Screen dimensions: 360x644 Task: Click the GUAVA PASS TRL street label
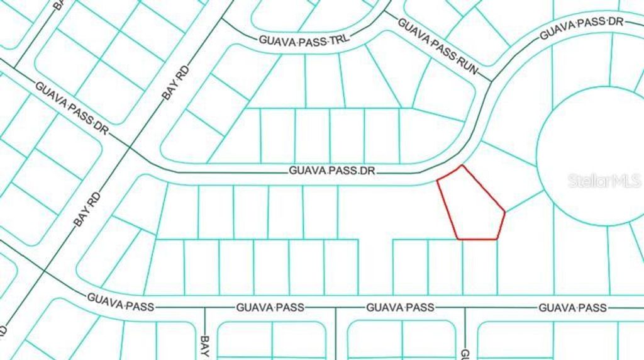pos(304,40)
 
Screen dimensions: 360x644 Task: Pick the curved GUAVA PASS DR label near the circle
pos(580,29)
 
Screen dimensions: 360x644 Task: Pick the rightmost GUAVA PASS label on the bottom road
pos(572,308)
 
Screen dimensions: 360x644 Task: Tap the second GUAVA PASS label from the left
pos(270,308)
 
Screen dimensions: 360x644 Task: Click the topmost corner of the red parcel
pos(463,166)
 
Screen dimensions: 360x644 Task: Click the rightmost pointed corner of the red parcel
pos(505,211)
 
